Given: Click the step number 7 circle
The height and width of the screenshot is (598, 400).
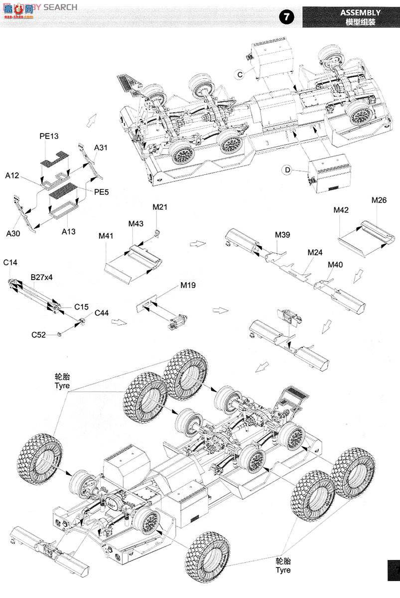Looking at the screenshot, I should [286, 16].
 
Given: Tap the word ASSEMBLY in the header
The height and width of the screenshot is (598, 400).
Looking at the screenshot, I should [360, 12].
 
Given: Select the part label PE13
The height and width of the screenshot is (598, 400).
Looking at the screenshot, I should [49, 136].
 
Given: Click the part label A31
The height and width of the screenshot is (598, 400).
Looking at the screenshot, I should [101, 148].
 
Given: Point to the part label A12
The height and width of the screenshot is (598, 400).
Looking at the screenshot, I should [12, 175].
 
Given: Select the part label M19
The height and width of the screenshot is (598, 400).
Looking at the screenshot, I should [188, 286].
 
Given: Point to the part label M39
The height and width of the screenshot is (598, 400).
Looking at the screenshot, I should [282, 234].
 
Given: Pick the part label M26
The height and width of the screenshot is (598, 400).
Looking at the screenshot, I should [379, 200].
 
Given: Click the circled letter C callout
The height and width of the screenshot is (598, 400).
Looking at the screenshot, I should [240, 74].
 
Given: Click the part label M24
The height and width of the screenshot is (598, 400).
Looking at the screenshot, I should [315, 253].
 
